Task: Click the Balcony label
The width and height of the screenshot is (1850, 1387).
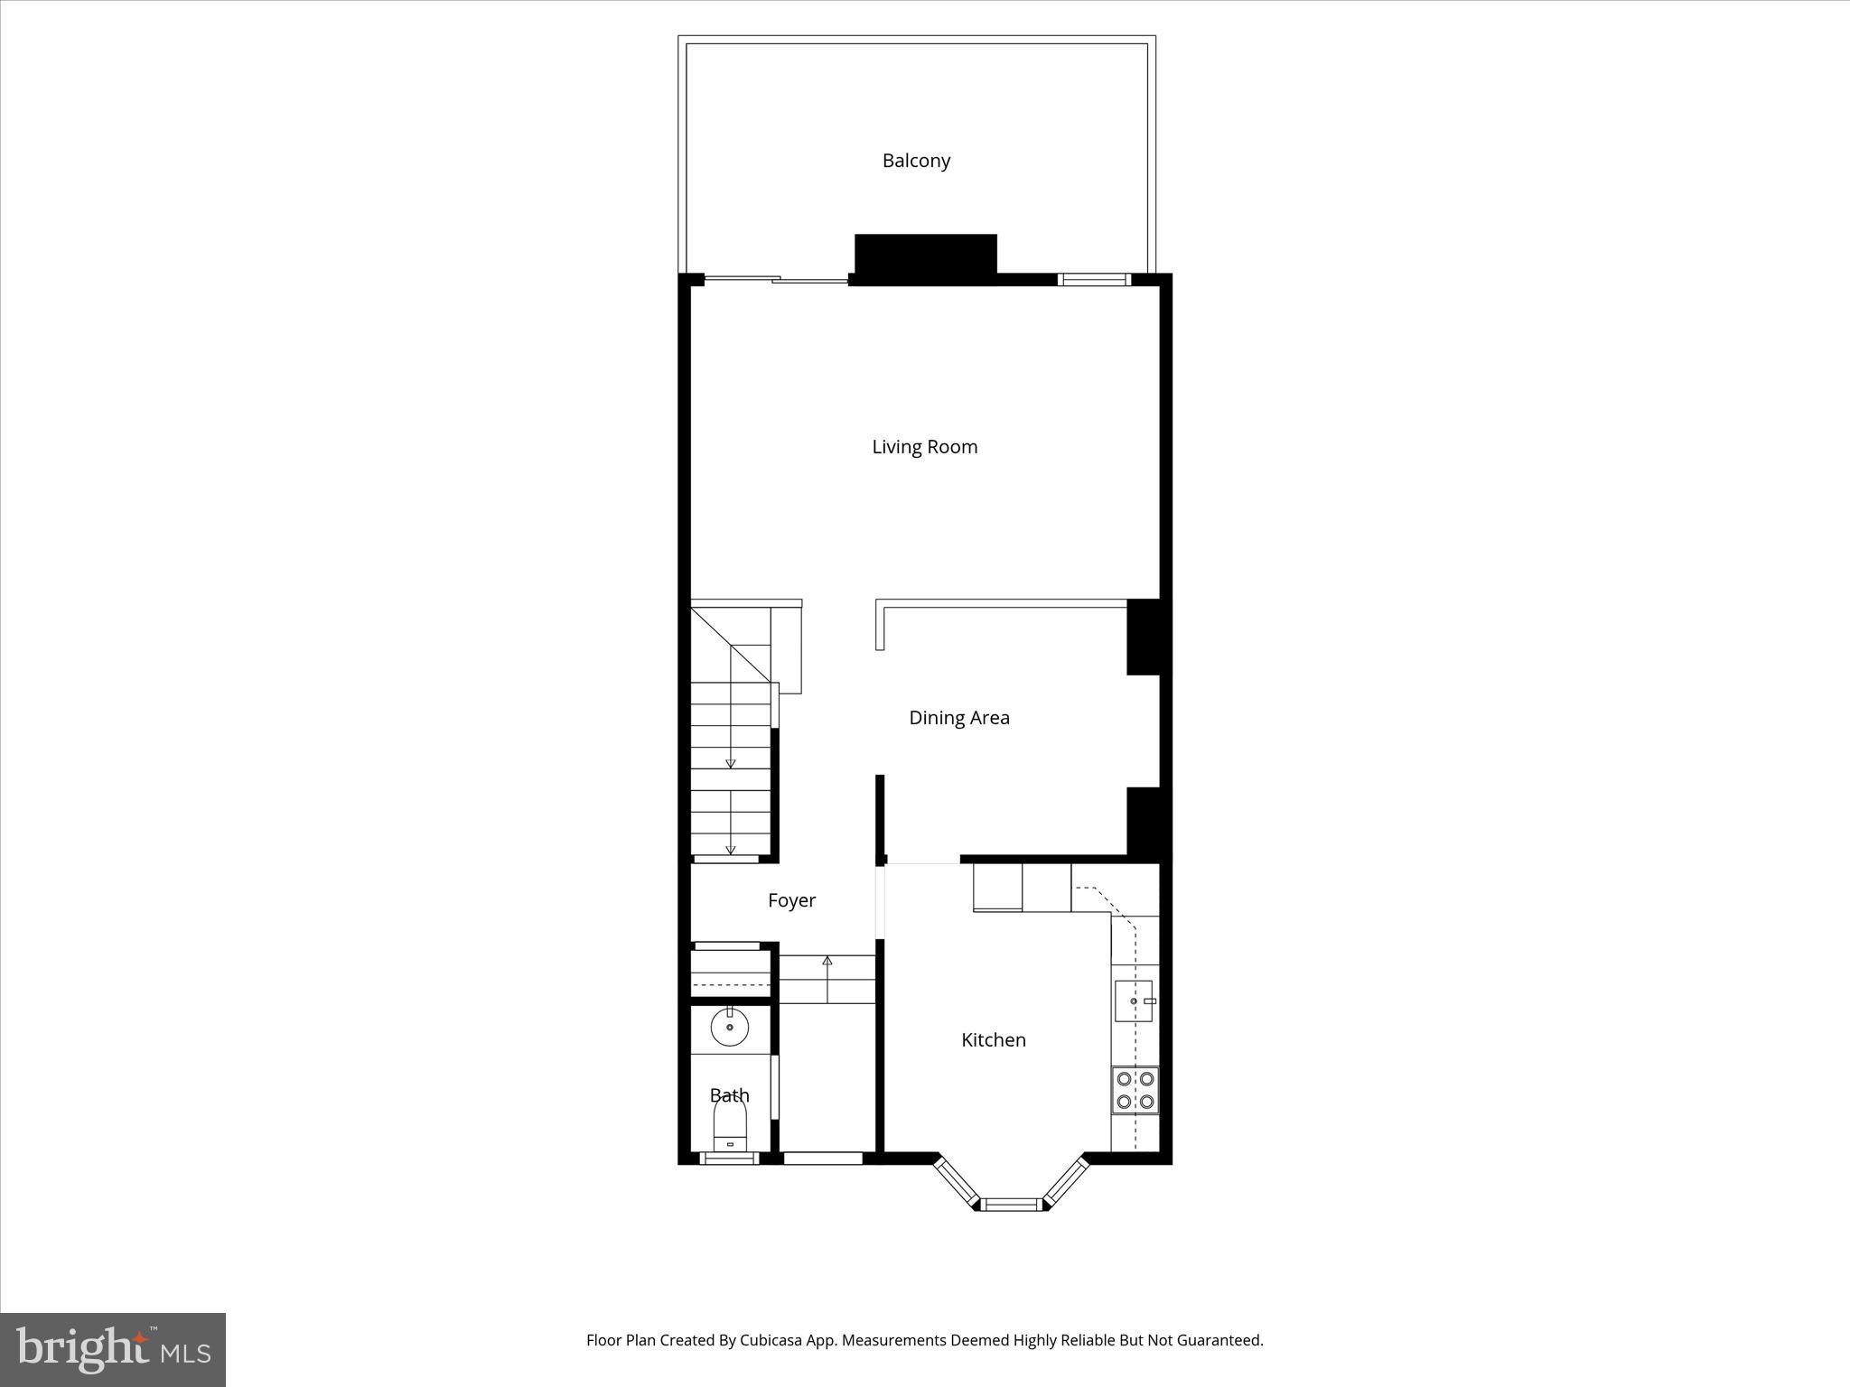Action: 916,161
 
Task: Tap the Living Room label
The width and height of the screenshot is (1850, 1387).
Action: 924,447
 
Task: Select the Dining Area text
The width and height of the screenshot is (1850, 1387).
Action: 958,718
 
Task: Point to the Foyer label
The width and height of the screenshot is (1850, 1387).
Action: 791,900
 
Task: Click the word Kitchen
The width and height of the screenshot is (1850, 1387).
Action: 993,1040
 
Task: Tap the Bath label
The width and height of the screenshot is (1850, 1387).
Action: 729,1095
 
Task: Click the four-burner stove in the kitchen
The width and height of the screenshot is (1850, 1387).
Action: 1135,1089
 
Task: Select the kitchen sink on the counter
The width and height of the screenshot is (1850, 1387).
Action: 1134,1001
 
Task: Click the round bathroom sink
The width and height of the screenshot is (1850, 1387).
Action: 729,1027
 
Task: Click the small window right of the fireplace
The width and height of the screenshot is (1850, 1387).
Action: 1094,280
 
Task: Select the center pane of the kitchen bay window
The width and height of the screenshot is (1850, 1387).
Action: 1011,1204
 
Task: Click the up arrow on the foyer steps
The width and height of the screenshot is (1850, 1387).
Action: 827,961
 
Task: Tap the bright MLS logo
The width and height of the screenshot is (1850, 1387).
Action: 113,1349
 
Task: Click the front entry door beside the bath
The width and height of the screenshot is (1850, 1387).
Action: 822,1158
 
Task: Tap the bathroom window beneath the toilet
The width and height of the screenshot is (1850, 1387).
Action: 729,1159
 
